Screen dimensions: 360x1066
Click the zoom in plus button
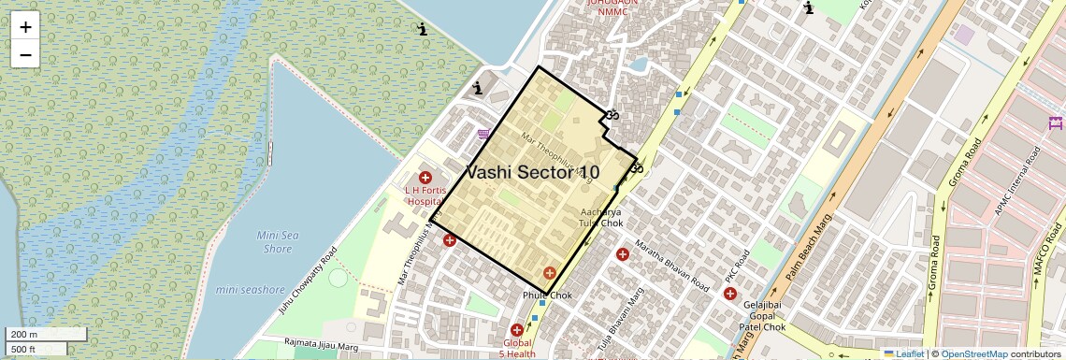click(25, 26)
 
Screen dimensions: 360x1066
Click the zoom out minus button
click(25, 54)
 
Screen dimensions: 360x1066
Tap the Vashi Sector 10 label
click(532, 173)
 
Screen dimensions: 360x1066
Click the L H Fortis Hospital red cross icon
click(425, 178)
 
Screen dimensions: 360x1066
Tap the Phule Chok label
click(547, 295)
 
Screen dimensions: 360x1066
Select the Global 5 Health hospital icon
click(517, 330)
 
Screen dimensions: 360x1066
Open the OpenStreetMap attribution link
click(973, 354)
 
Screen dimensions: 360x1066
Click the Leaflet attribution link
click(905, 354)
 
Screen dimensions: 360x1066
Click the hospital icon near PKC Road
click(729, 294)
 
